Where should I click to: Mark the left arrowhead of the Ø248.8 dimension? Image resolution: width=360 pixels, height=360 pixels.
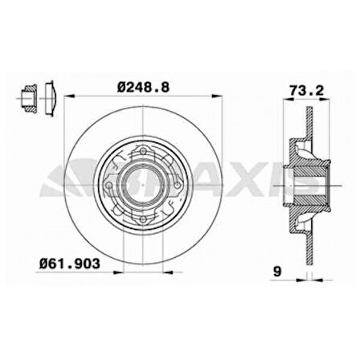point(66,96)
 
